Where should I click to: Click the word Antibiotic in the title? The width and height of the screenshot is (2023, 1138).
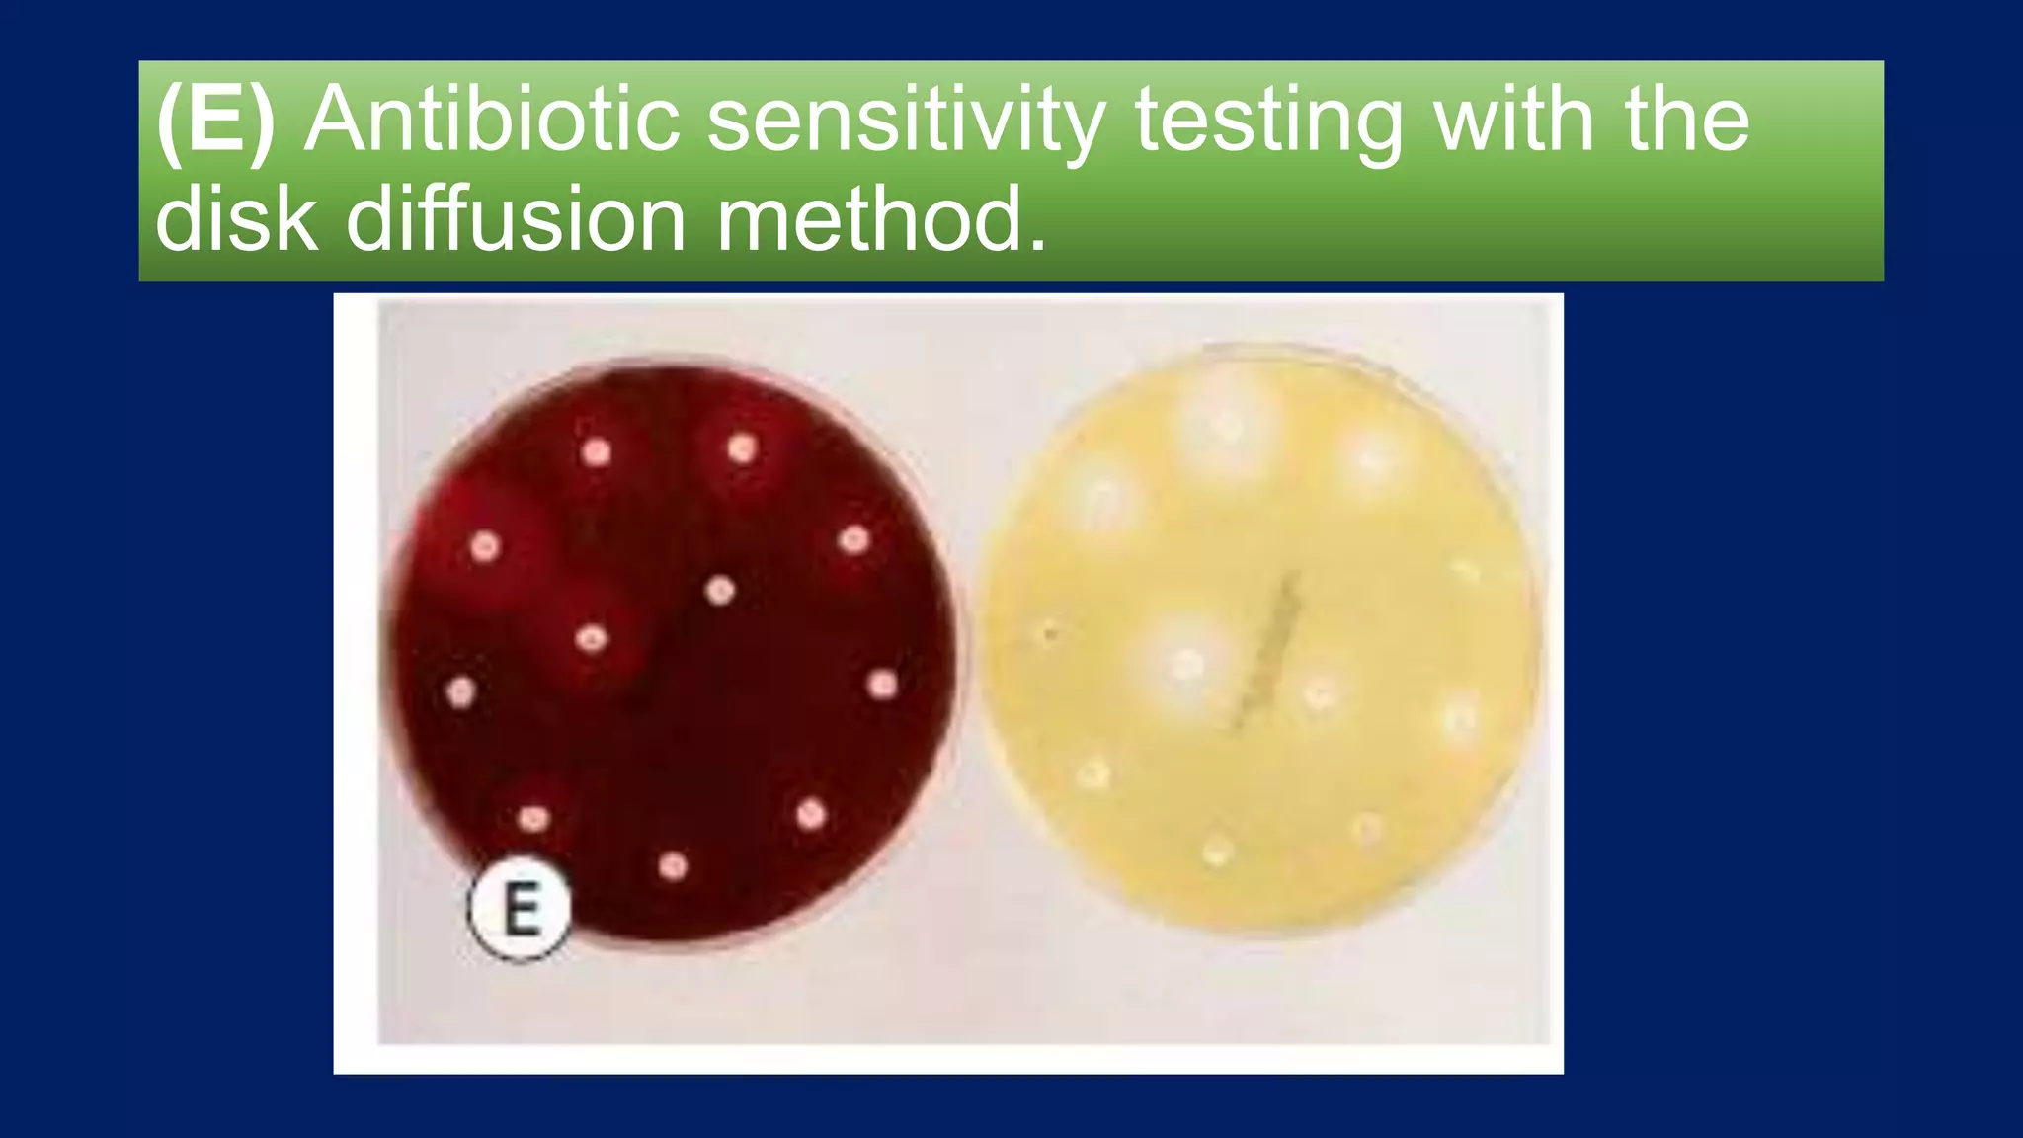pos(491,120)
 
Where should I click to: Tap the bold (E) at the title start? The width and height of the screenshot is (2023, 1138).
pos(215,120)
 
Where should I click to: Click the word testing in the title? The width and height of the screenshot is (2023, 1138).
pos(1267,120)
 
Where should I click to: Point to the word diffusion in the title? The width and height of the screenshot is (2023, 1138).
pos(516,218)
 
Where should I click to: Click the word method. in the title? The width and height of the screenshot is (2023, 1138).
pos(880,218)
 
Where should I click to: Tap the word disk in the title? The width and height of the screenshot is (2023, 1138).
pos(237,218)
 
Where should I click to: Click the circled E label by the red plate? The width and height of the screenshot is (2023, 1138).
pos(520,909)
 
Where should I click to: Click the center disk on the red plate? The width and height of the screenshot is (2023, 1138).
pos(720,591)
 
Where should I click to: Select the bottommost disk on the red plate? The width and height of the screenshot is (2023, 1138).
pos(673,866)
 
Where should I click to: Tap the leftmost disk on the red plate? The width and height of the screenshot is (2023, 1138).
pos(460,691)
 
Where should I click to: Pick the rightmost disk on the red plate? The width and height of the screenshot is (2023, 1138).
pos(882,684)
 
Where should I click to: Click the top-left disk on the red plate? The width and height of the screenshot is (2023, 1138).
pos(596,452)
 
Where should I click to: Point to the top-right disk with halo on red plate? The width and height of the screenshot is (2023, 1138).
pos(742,449)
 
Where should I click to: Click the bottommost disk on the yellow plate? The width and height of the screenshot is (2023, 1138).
pos(1216,850)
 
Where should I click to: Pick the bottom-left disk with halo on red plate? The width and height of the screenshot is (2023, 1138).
pos(533,818)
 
